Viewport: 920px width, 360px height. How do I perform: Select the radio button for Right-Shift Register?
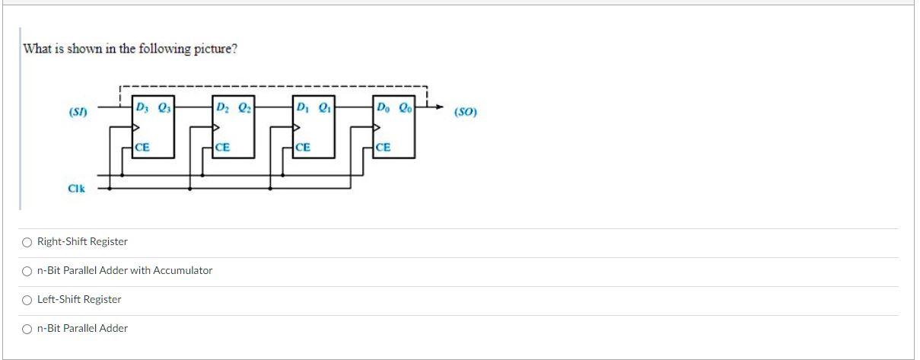27,242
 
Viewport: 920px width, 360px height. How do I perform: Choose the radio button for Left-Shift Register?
27,300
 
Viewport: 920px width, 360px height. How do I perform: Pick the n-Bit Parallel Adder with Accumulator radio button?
27,271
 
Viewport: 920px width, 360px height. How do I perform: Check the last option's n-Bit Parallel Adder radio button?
27,329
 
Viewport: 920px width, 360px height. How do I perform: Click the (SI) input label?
78,113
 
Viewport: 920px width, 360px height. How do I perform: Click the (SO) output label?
464,113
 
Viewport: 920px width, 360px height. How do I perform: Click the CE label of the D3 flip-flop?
142,147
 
